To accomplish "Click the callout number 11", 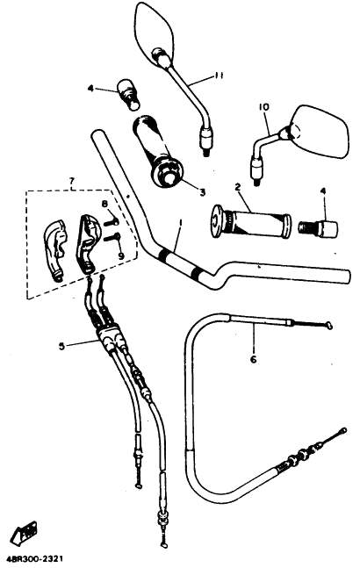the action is point(218,76).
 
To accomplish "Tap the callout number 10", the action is point(264,107).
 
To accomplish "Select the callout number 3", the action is point(202,192).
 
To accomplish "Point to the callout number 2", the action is point(238,187).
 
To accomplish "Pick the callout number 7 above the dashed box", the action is point(72,180).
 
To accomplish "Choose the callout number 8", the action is point(104,205).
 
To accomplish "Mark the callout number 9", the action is point(121,255).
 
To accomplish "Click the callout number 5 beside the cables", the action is point(62,346).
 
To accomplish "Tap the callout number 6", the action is point(253,359).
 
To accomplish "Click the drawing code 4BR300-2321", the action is point(32,560).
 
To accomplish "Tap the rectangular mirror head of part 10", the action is point(320,131).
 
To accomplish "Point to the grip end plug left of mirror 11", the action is point(128,94).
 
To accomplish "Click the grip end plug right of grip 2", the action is point(318,228).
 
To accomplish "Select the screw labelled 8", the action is point(112,222).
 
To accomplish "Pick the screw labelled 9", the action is point(112,237).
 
